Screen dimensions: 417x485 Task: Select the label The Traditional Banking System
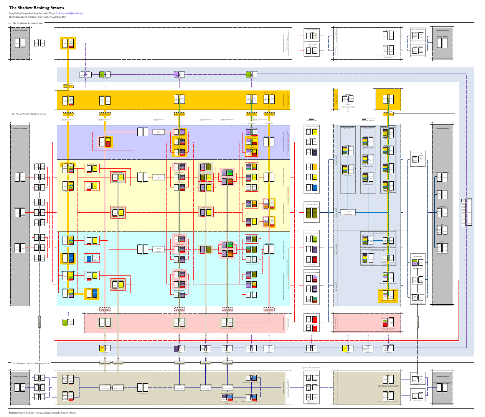(28, 23)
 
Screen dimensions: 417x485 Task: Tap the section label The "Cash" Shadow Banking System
(29, 114)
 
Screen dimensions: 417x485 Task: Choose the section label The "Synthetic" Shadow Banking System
(31, 363)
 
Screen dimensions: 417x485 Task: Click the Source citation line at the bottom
(42, 413)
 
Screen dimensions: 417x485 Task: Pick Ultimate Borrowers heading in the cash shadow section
(20, 128)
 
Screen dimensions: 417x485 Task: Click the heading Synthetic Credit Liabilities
(312, 368)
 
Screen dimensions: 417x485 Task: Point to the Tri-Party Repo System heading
(312, 205)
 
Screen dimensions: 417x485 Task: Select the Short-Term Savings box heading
(417, 153)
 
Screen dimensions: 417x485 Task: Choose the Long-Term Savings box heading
(417, 256)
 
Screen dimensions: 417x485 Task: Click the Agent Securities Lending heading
(378, 233)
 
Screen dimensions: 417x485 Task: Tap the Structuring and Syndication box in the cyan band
(158, 249)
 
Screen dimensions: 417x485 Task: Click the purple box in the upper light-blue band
(176, 74)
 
